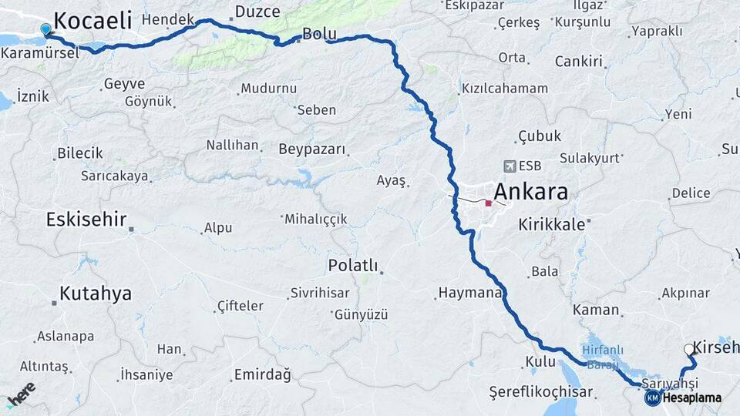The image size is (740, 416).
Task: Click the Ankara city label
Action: click(x=530, y=191)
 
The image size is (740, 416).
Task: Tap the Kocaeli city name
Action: click(x=92, y=20)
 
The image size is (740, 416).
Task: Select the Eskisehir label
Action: click(x=86, y=220)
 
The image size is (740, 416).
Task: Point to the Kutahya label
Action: click(x=96, y=294)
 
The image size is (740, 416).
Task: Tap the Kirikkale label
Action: click(x=553, y=224)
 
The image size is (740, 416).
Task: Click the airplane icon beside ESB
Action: click(x=509, y=166)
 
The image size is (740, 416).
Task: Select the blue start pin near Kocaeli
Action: click(x=46, y=29)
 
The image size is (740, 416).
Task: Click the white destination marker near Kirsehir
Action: click(x=689, y=349)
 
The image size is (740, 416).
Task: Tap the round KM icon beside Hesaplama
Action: click(x=652, y=398)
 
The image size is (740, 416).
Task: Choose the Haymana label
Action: click(x=470, y=293)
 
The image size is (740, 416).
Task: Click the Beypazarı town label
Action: click(x=312, y=149)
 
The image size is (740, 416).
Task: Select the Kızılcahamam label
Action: click(x=505, y=89)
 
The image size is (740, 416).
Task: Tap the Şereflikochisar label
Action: click(x=541, y=392)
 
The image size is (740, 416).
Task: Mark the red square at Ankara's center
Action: click(x=488, y=203)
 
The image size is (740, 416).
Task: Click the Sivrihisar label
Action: click(x=319, y=293)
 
